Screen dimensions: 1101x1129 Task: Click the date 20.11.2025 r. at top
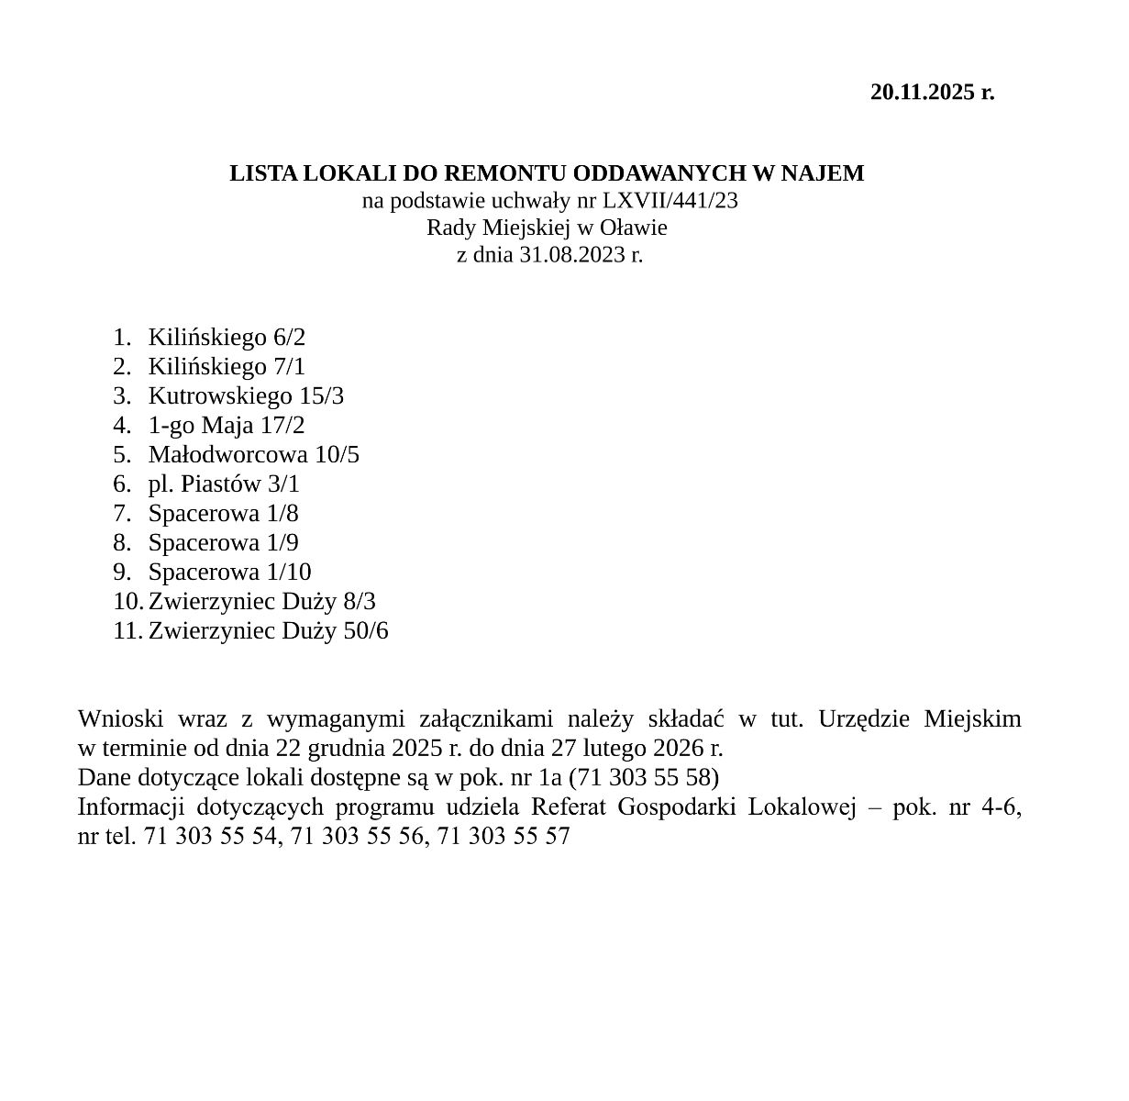(932, 92)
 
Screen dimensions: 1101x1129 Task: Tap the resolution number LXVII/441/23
(670, 200)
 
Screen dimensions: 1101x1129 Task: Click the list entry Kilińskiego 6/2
(227, 337)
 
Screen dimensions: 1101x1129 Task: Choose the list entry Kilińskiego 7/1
(227, 366)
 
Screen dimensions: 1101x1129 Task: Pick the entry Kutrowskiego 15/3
(246, 395)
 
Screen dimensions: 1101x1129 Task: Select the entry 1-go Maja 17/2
(227, 425)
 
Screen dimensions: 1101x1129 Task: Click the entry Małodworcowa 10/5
(254, 454)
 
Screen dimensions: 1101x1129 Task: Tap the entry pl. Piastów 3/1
(224, 484)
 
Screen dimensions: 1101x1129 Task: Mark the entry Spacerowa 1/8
(223, 513)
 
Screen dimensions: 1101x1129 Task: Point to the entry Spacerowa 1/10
(229, 572)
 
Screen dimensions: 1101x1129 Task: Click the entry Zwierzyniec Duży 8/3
(261, 601)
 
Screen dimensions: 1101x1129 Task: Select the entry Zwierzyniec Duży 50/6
(268, 630)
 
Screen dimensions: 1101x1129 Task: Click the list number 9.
(122, 572)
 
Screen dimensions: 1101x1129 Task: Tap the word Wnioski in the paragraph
(115, 717)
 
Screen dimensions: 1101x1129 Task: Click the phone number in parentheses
(644, 777)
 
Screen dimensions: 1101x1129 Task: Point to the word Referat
(569, 806)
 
